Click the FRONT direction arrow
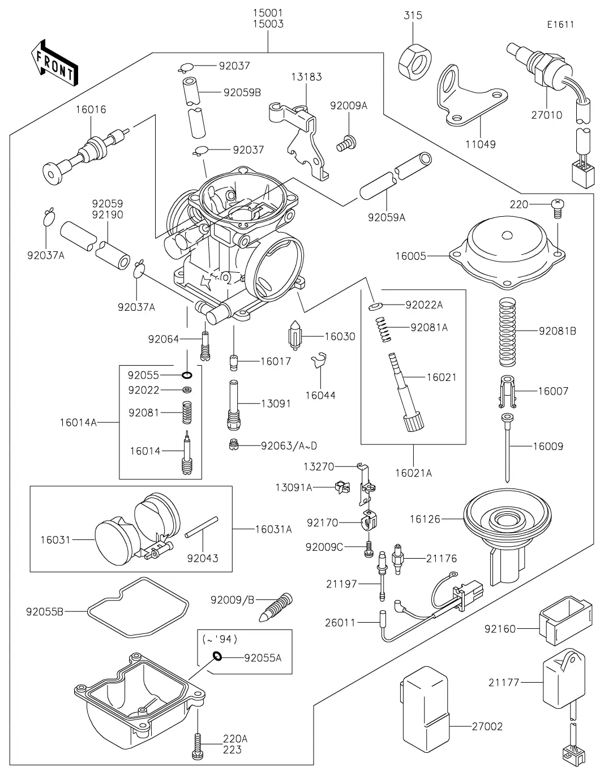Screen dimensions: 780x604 (54, 62)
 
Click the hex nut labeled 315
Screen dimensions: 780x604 (416, 61)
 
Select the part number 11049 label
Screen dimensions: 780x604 (481, 144)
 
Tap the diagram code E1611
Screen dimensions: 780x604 (560, 24)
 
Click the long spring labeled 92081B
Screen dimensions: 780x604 (508, 331)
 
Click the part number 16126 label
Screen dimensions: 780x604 (425, 518)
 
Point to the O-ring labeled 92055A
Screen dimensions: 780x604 (217, 657)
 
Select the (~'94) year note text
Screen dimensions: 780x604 (220, 639)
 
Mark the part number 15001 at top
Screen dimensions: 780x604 (268, 12)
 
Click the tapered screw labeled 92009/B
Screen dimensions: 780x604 (277, 606)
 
